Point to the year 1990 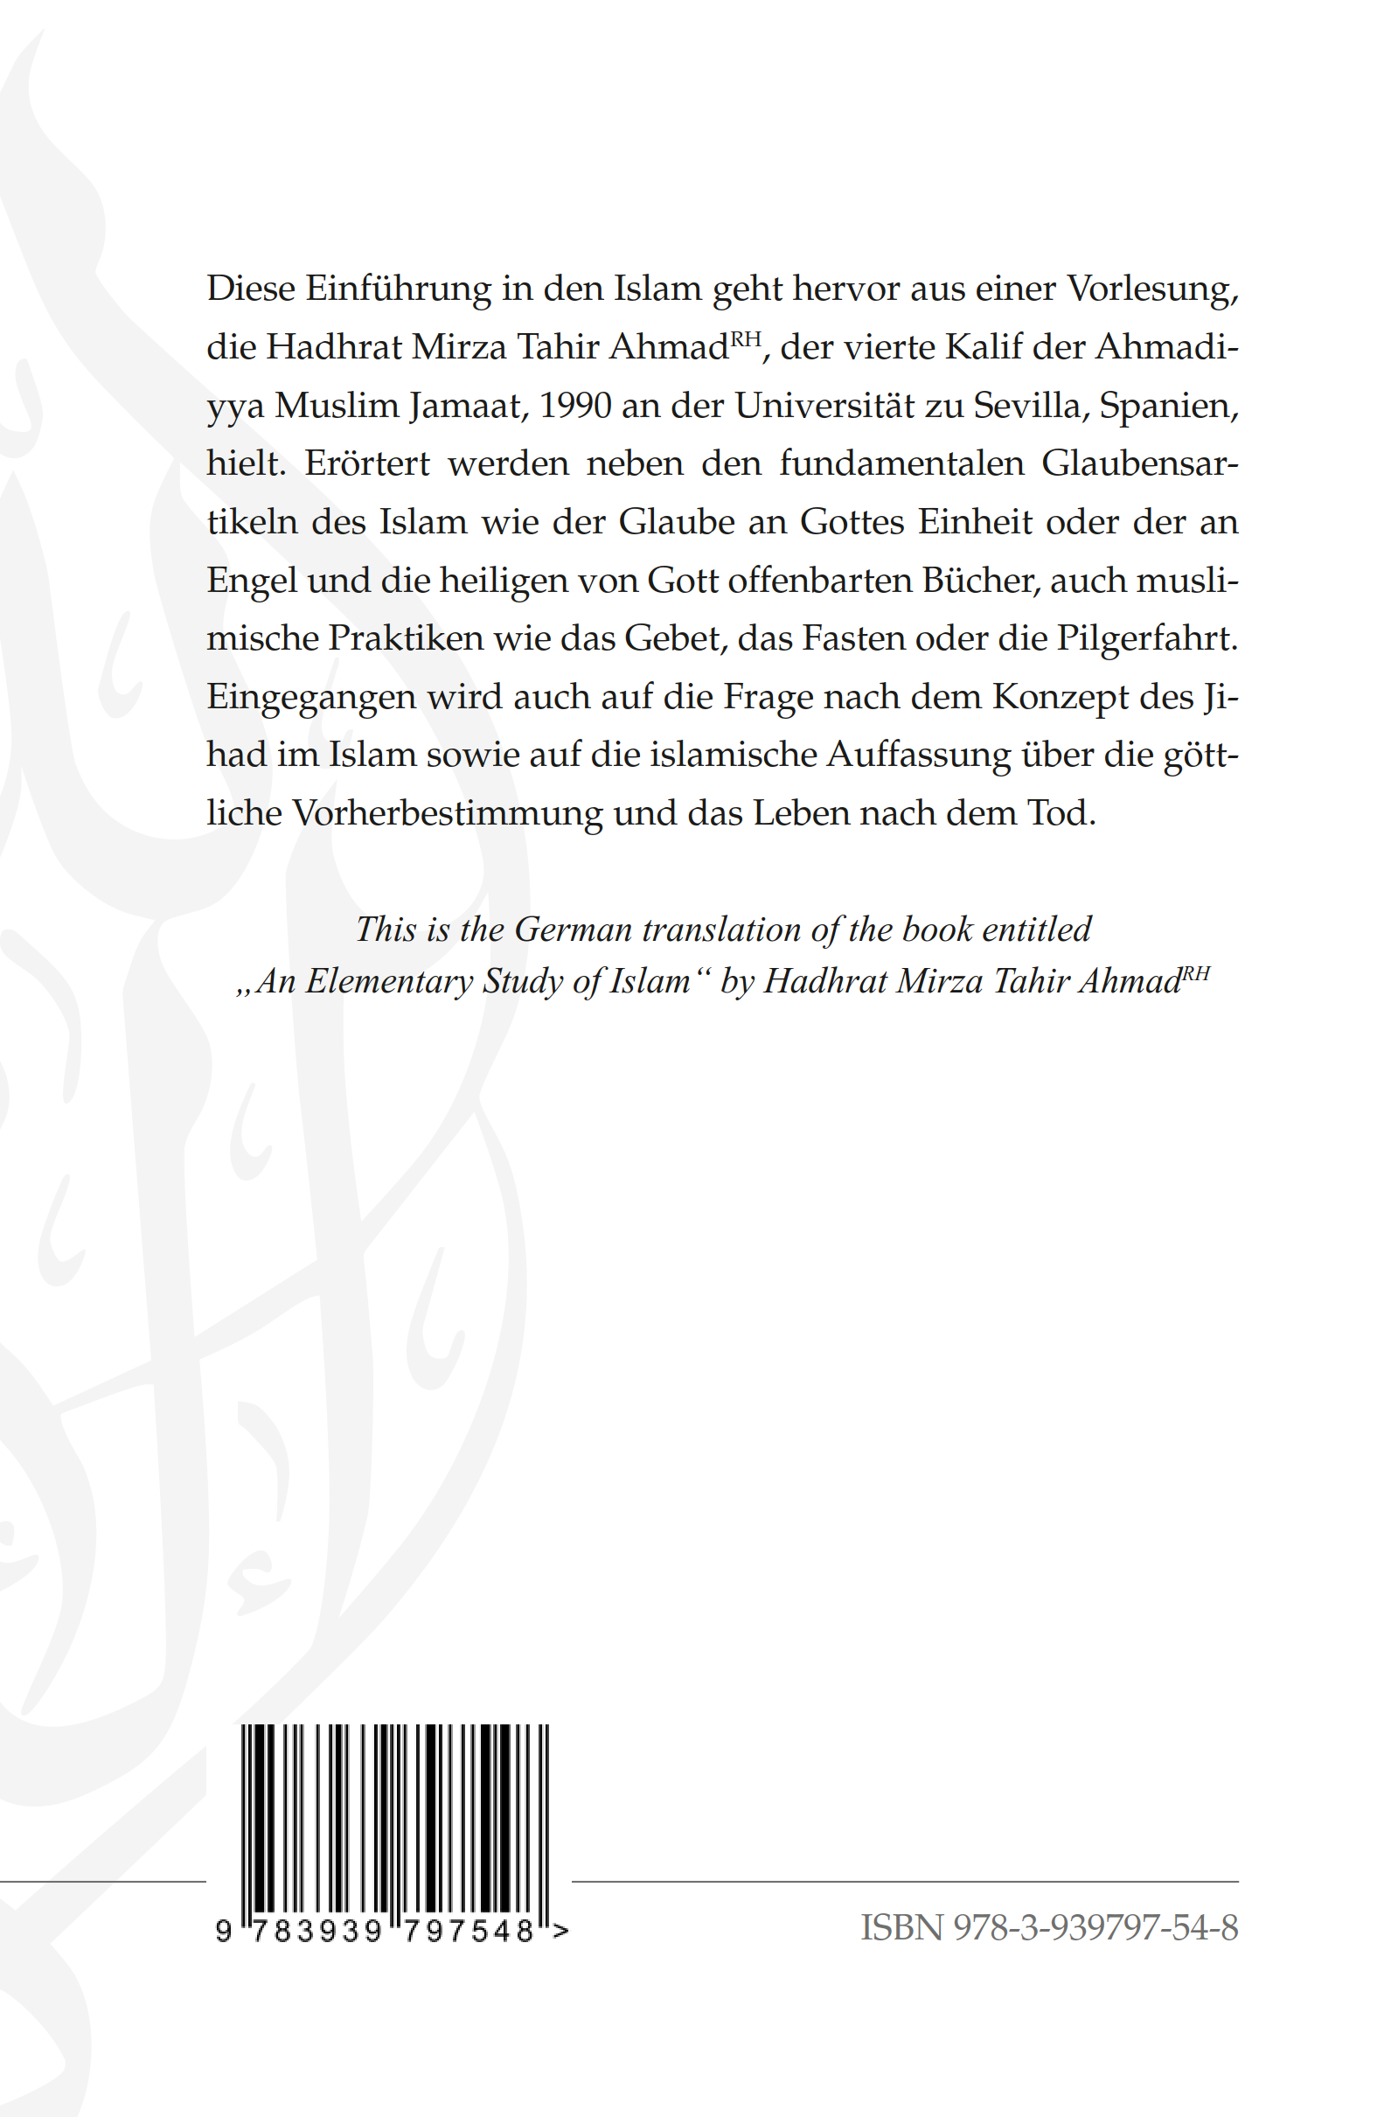coord(574,406)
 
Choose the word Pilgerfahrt coord(1146,637)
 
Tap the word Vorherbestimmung coord(448,814)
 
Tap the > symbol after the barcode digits coord(560,1930)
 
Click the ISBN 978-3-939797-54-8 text coord(1048,1927)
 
